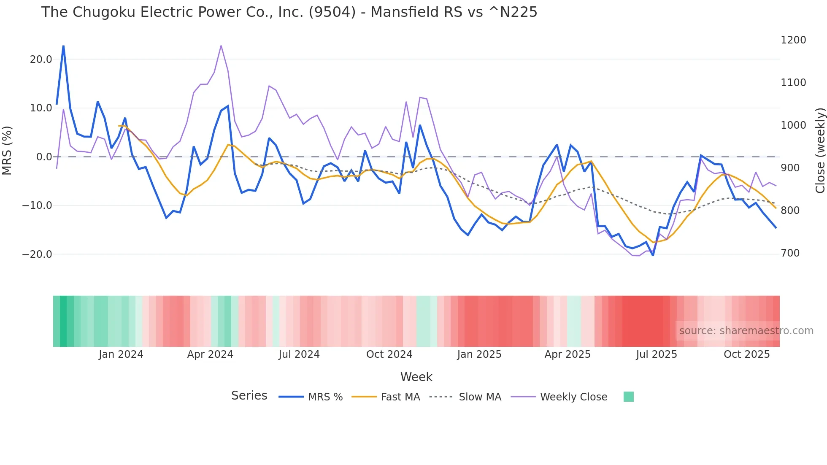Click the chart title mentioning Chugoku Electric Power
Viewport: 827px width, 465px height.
[x=289, y=12]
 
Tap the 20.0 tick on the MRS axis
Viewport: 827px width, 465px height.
[x=41, y=59]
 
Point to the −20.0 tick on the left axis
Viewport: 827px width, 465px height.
[x=37, y=254]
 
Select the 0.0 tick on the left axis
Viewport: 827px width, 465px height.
[x=44, y=157]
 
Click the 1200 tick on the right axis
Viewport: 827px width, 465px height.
[x=793, y=40]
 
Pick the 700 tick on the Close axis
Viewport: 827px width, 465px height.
[x=790, y=253]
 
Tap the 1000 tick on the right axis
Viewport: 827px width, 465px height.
[x=793, y=125]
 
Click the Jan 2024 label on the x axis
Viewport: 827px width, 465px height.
[x=121, y=354]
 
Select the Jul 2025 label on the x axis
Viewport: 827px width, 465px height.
[x=657, y=354]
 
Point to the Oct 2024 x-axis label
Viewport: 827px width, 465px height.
[x=389, y=354]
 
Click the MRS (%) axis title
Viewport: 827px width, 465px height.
[x=7, y=150]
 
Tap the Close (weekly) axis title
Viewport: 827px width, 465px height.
[x=820, y=151]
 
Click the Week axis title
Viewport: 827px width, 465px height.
[x=416, y=377]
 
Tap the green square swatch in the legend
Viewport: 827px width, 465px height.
[x=629, y=397]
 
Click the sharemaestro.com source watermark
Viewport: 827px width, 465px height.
[x=746, y=331]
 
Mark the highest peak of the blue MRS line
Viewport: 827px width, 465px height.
[x=63, y=46]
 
